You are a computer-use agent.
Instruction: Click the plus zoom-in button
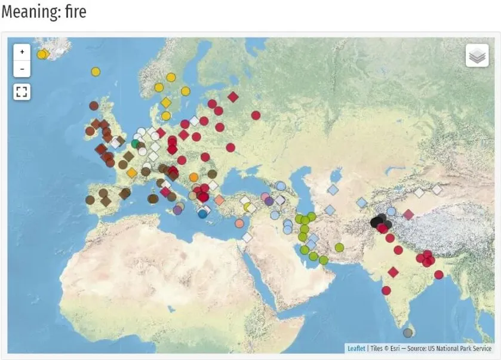click(22, 52)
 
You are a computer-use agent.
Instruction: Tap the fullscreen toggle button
click(22, 91)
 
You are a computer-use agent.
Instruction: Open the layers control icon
click(477, 56)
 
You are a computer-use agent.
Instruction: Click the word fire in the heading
click(73, 11)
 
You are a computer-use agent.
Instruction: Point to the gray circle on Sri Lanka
click(408, 333)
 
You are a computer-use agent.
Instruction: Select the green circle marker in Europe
click(136, 144)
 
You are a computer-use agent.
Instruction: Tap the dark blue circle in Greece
click(202, 213)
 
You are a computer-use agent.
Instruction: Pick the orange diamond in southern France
click(132, 173)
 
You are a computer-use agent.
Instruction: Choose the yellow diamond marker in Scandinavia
click(165, 103)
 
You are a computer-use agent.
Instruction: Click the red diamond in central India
click(393, 272)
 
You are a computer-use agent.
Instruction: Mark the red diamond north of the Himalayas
click(408, 214)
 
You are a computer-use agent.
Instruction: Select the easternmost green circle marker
click(339, 247)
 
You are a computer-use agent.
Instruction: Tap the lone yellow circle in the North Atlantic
click(96, 72)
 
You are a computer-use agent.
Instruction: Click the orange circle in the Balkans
click(193, 177)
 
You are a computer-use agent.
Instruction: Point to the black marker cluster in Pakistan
click(379, 222)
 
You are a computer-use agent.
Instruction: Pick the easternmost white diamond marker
click(437, 189)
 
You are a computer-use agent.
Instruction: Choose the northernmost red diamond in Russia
click(233, 97)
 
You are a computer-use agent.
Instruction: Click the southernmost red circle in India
click(386, 291)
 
